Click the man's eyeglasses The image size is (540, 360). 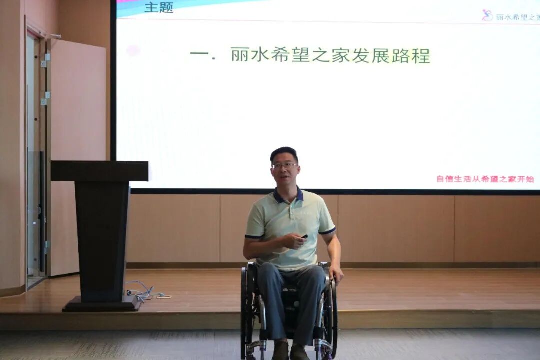pos(284,166)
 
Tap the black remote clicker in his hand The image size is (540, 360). pos(304,236)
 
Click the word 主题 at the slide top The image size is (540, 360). pos(159,7)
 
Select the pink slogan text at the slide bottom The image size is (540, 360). pos(485,179)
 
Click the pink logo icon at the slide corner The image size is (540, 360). pos(487,15)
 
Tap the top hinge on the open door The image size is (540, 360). pos(45,60)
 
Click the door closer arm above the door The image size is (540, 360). pos(52,35)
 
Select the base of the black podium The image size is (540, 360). pos(101,304)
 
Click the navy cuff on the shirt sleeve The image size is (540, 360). pos(328,231)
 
